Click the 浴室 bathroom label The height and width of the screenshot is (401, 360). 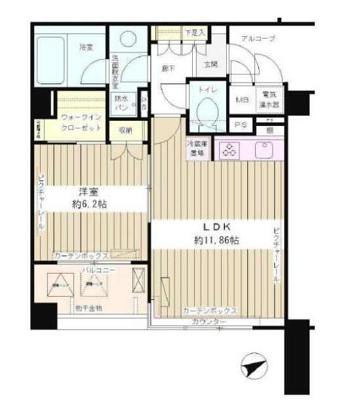(x=85, y=47)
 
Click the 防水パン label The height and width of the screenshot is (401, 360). (x=122, y=103)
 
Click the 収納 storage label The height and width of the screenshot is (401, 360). (x=125, y=131)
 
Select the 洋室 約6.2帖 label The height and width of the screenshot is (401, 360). (x=89, y=199)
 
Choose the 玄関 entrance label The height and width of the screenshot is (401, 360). (x=210, y=64)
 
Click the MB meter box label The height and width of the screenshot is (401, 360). (x=241, y=100)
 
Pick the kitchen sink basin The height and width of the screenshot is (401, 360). (x=271, y=151)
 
